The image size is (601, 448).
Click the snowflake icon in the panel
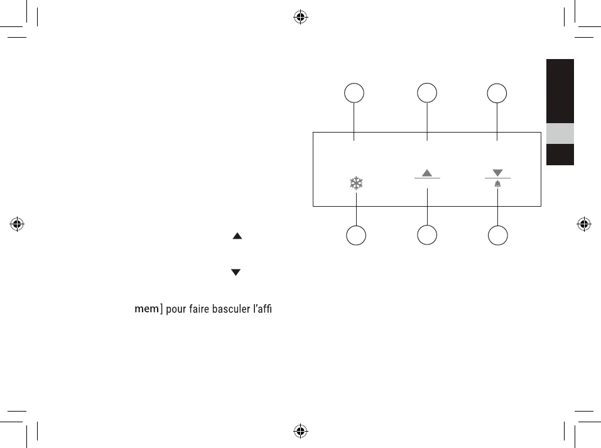pos(357,183)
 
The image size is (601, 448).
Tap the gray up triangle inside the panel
pos(428,173)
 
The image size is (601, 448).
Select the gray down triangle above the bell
pos(497,172)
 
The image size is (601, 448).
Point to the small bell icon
pos(497,183)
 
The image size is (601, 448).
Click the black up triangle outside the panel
pos(237,236)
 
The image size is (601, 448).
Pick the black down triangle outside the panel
pos(237,273)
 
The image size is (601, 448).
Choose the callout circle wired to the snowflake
pos(357,236)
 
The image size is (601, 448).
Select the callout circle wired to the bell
pos(497,236)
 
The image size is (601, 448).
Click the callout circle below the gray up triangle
pos(427,236)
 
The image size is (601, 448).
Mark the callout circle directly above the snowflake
pos(355,94)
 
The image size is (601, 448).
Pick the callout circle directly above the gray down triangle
pos(497,94)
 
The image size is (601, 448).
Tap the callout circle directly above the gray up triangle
pos(427,94)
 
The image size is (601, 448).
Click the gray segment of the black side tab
pos(560,133)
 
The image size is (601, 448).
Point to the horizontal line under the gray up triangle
pos(428,179)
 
